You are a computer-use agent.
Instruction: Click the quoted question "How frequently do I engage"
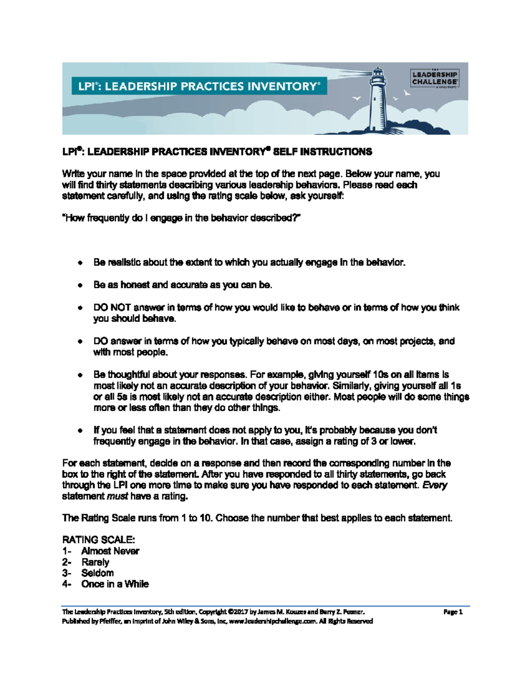(x=182, y=218)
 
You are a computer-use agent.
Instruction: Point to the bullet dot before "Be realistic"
(x=79, y=263)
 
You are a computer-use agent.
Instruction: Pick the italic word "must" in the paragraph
(x=117, y=496)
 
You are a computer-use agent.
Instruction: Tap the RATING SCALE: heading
(x=98, y=540)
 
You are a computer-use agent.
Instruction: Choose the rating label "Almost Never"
(x=110, y=551)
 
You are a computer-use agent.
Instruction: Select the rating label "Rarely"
(x=95, y=562)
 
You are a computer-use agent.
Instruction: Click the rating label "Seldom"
(x=97, y=573)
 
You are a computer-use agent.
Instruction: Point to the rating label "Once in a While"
(x=115, y=584)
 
